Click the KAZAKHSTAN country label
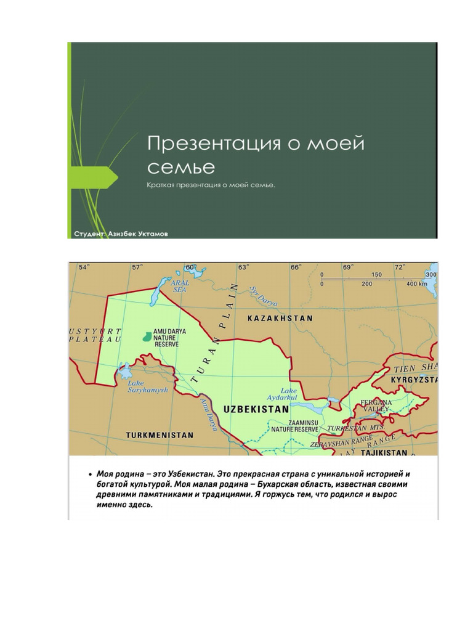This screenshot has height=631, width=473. coord(280,319)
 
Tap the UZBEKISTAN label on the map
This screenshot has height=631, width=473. coord(256,409)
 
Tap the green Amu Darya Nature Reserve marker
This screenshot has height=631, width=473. coord(147,336)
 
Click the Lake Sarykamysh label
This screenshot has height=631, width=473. coord(147,386)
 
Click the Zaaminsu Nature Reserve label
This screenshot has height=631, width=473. coord(295,425)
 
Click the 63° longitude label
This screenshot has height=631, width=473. coord(243,267)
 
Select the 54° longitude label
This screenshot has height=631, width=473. coord(83,267)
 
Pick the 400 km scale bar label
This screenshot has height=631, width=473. coord(417,284)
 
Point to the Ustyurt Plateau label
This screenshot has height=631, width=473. coord(96,336)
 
